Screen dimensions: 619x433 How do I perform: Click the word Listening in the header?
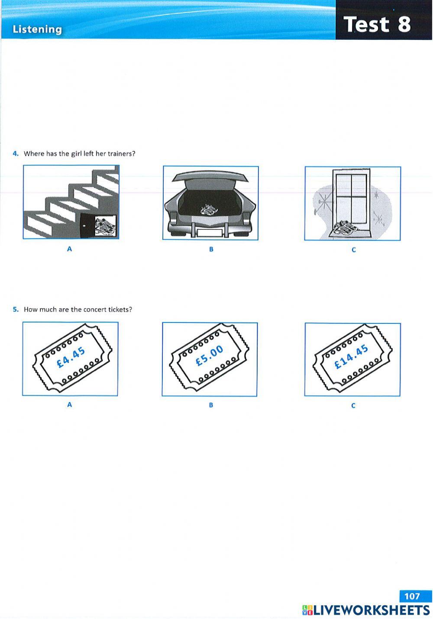[x=37, y=29]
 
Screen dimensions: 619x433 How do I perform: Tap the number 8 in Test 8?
[x=404, y=24]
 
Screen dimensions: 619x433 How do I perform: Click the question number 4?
[x=16, y=154]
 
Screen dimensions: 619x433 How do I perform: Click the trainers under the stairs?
[x=105, y=226]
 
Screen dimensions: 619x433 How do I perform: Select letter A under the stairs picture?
[x=69, y=249]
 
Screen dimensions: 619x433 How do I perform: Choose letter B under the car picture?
[x=211, y=249]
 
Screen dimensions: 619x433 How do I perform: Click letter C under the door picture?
[x=353, y=250]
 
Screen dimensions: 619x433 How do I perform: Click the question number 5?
[x=16, y=309]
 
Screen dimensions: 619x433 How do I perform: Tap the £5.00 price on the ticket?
[x=210, y=356]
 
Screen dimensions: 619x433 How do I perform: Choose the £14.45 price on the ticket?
[x=352, y=357]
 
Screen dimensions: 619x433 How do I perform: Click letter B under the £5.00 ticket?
[x=211, y=405]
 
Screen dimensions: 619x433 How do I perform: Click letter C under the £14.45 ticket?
[x=353, y=406]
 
